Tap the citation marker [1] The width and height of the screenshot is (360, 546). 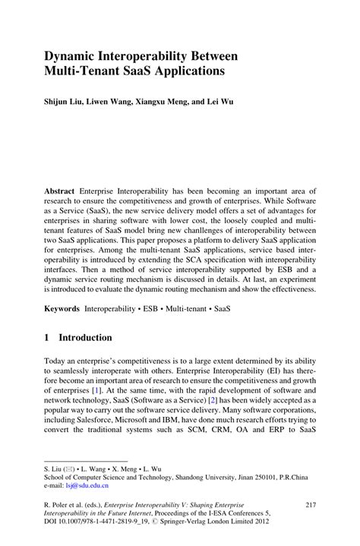click(x=93, y=388)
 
